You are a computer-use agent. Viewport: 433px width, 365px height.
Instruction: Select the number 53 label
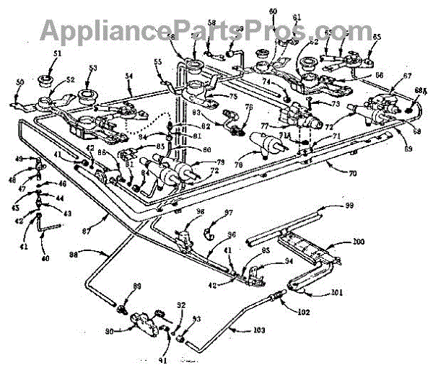(92, 69)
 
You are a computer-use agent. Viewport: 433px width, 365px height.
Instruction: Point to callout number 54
(128, 74)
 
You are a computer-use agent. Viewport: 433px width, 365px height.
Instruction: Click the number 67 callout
(408, 74)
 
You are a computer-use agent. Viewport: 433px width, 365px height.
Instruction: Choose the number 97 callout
(229, 213)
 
